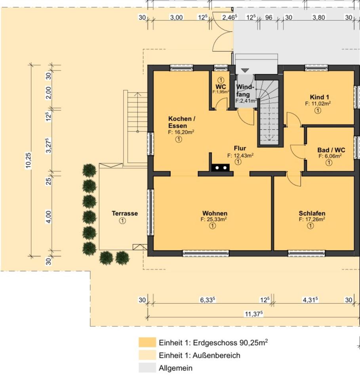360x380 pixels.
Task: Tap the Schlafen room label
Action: pyautogui.click(x=312, y=213)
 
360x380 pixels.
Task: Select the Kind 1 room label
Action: pyautogui.click(x=319, y=97)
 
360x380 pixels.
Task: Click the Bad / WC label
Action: pyautogui.click(x=331, y=150)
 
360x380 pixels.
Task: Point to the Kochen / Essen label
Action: pyautogui.click(x=181, y=122)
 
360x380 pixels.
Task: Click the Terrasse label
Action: pyautogui.click(x=124, y=213)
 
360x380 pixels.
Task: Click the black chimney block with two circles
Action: pyautogui.click(x=221, y=167)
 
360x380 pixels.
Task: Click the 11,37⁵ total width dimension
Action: pyautogui.click(x=254, y=314)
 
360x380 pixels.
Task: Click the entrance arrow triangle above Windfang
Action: pyautogui.click(x=245, y=70)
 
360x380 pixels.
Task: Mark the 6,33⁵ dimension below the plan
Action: pyautogui.click(x=208, y=300)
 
